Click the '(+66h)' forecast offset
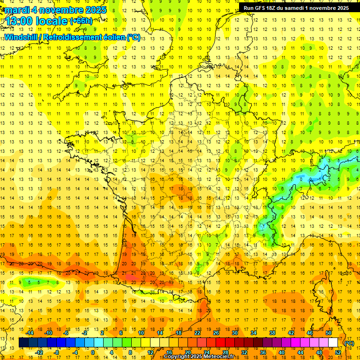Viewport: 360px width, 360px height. click(x=81, y=21)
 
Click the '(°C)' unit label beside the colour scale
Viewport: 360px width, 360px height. click(x=349, y=343)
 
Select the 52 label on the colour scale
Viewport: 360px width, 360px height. click(x=337, y=352)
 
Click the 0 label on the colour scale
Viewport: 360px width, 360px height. click(x=92, y=352)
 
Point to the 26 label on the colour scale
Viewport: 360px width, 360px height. click(x=216, y=333)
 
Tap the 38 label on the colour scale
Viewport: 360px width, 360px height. click(x=272, y=333)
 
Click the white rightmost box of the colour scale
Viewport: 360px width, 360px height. click(x=333, y=343)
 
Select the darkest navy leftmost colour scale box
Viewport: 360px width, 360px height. click(x=23, y=343)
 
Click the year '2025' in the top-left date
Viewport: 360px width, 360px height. click(x=94, y=10)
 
